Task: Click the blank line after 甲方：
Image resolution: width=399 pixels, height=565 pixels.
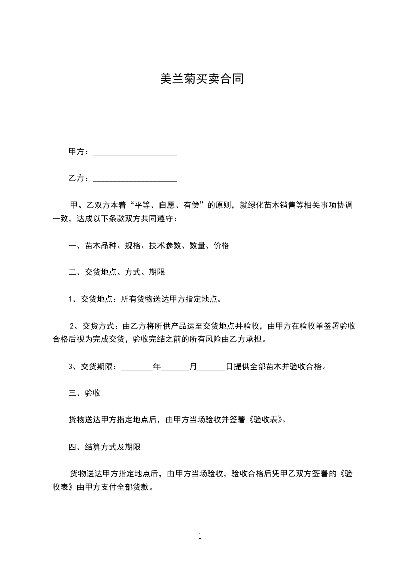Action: click(135, 152)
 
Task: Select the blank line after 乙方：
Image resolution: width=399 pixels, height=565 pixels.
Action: click(135, 179)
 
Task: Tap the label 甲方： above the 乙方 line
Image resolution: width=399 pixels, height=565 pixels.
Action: click(79, 152)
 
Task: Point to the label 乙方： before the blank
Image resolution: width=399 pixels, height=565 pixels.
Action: click(79, 179)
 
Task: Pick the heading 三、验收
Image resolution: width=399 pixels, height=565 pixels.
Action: click(85, 393)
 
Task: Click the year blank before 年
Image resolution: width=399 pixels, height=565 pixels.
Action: click(137, 367)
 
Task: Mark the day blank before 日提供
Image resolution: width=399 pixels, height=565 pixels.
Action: click(211, 367)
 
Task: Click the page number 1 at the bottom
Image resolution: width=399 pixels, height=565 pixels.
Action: click(200, 536)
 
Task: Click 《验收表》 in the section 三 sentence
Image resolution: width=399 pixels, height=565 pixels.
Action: click(267, 420)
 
